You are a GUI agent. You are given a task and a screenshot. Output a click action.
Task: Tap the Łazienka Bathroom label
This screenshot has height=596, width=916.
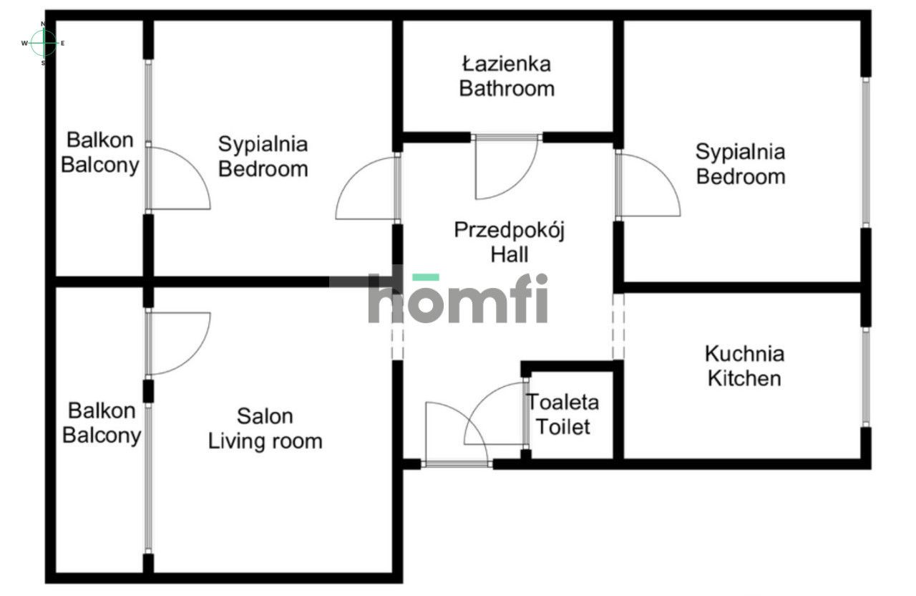507,77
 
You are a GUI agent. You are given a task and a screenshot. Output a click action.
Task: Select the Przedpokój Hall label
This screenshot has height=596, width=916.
510,242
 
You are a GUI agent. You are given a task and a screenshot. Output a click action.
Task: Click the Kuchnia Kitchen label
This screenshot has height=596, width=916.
744,365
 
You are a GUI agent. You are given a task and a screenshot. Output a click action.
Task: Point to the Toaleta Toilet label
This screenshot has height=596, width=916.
563,414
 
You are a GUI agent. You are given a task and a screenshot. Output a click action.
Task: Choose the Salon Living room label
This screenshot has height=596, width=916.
265,428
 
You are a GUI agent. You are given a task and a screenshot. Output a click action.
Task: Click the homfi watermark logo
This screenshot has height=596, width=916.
458,299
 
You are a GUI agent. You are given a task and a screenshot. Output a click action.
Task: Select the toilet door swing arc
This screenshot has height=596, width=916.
494,415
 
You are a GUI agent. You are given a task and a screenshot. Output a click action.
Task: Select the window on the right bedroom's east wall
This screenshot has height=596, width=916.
865,152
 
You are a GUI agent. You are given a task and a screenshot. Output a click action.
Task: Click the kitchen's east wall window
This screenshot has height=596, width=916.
865,378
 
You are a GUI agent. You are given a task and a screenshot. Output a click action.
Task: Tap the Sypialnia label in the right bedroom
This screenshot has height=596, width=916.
740,152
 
